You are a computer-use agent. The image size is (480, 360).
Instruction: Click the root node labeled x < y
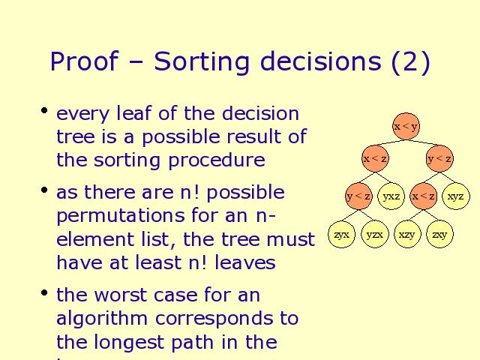pos(406,127)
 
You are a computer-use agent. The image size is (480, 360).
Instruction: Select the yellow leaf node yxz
pos(391,196)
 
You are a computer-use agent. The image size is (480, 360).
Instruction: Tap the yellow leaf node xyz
pos(456,196)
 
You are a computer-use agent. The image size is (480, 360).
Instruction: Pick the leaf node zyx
pos(342,235)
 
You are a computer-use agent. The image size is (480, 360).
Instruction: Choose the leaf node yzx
pos(374,235)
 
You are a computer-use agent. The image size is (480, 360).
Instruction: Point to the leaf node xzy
pos(406,235)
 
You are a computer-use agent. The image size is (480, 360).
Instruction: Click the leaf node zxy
pos(439,235)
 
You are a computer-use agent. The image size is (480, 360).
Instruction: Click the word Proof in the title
pos(84,61)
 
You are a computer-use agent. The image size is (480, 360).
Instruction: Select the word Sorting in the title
pos(202,62)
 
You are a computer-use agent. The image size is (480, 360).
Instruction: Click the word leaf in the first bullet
pos(133,113)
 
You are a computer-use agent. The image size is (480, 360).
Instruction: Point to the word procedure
pos(217,160)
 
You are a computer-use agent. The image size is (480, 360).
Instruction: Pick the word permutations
pos(121,216)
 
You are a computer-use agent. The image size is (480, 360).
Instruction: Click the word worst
pos(120,295)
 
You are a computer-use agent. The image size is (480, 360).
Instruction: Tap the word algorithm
pos(102,319)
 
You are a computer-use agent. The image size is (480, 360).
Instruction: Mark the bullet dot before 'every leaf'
pos(44,110)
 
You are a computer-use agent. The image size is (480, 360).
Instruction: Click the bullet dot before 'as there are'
pos(44,190)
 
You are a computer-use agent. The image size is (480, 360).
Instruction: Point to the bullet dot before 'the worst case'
pos(44,292)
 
